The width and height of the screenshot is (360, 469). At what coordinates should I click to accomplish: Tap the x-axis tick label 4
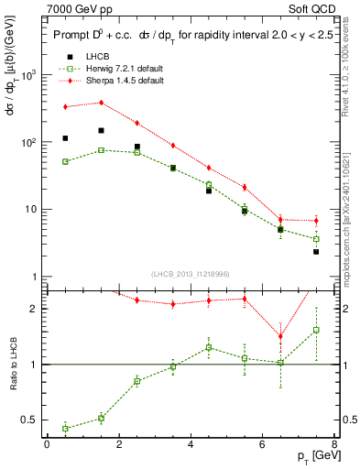[191, 444]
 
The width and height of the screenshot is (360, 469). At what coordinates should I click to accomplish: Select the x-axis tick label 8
[334, 444]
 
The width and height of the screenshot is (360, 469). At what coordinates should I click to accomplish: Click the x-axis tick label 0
[47, 444]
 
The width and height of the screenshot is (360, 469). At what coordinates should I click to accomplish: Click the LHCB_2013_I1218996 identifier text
[191, 274]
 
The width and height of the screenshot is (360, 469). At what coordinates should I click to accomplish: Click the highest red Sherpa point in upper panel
[101, 103]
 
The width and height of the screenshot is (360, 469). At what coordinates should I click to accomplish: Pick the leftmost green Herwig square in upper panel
[65, 161]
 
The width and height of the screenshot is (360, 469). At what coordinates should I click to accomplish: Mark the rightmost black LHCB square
[316, 251]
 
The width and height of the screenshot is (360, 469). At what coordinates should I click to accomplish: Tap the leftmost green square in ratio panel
[65, 428]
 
